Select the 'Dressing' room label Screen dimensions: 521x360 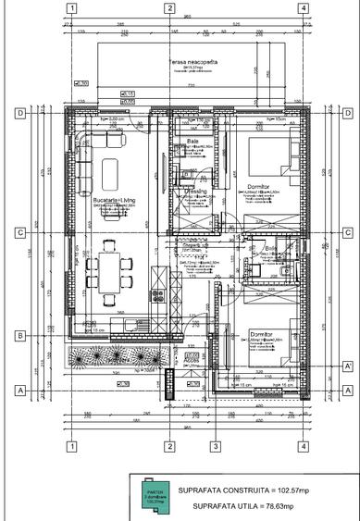click(x=193, y=191)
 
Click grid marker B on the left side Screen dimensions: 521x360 click(x=19, y=335)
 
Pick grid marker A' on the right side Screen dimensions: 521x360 click(x=348, y=366)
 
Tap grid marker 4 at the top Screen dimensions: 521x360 click(x=304, y=8)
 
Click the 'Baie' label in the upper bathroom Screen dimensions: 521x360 click(x=192, y=142)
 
